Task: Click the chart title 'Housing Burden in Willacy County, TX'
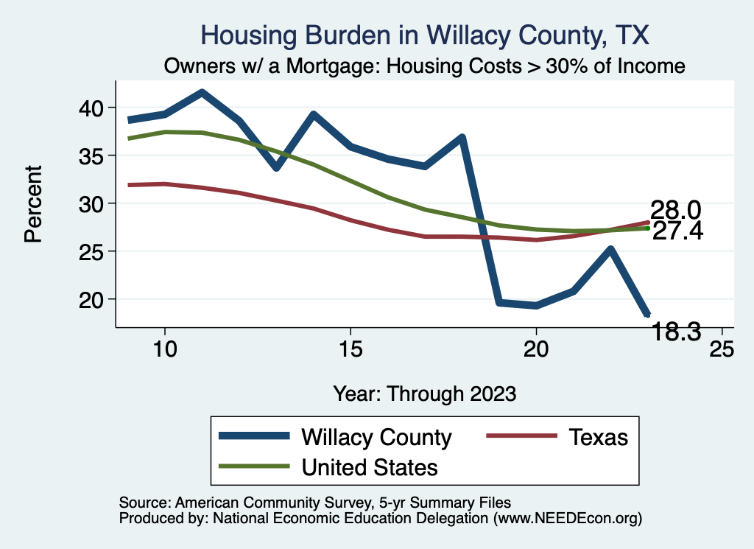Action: coord(425,35)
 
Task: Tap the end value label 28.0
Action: coord(674,210)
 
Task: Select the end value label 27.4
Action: coord(678,231)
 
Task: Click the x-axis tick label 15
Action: coord(350,349)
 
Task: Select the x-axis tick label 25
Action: coord(721,349)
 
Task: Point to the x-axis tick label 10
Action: coord(164,349)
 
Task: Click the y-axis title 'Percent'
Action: coord(33,203)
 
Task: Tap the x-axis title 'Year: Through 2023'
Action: coord(424,393)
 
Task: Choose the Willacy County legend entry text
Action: coord(376,437)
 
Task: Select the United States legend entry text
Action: coord(370,466)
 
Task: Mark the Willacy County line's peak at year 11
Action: coord(202,93)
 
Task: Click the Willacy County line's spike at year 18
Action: coord(462,138)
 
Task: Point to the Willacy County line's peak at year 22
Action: coord(610,249)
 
